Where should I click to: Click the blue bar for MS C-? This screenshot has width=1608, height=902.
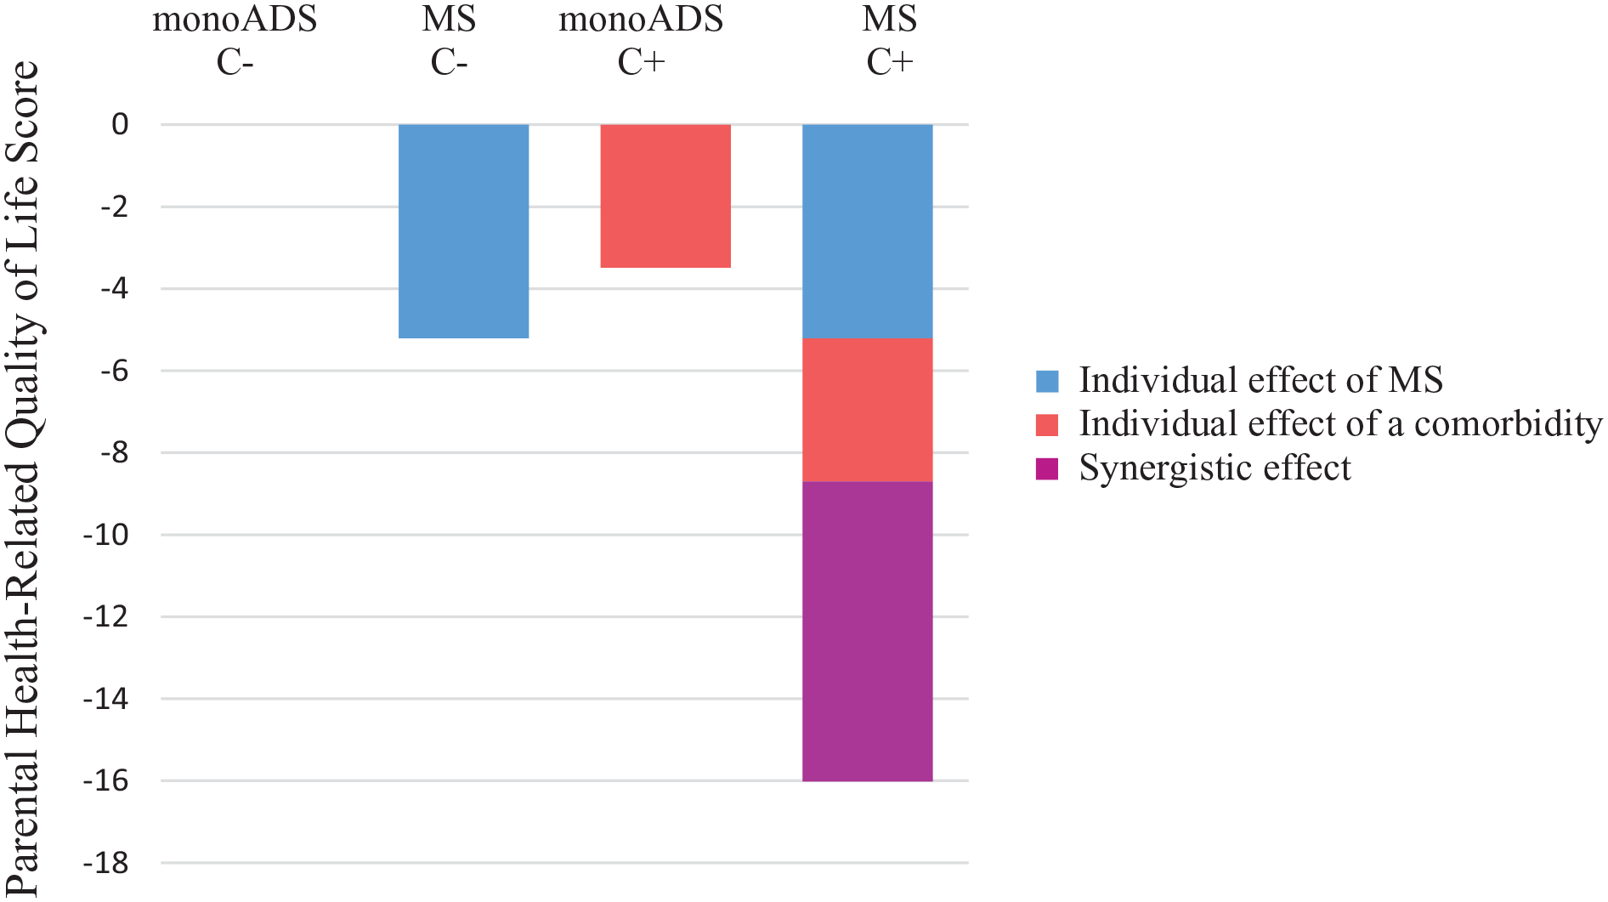(x=463, y=231)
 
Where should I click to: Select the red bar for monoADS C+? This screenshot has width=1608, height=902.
(x=665, y=196)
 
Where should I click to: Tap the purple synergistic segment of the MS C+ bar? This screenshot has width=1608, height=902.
(x=868, y=631)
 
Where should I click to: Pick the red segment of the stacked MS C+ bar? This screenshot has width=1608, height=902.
(x=868, y=410)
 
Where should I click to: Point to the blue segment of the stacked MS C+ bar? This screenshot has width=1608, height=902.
(x=868, y=231)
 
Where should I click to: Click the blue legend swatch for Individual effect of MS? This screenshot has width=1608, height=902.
(x=1047, y=381)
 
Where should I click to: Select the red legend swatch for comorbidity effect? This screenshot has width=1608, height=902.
(x=1047, y=425)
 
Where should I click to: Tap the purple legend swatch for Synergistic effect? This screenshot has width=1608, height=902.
(x=1047, y=468)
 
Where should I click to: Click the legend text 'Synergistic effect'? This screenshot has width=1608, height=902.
(x=1214, y=468)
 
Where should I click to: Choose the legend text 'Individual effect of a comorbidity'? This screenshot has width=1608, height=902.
(x=1340, y=424)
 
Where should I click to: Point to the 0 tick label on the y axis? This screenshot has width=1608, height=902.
(x=120, y=124)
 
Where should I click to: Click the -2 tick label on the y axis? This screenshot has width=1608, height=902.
(x=115, y=207)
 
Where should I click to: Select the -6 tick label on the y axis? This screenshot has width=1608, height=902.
(x=115, y=371)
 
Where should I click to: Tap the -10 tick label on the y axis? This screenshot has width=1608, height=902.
(x=106, y=535)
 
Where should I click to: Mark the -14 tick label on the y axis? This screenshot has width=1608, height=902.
(x=106, y=699)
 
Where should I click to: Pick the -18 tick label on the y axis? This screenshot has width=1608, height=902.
(x=106, y=863)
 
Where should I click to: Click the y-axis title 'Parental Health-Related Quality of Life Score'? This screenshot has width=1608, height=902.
(x=23, y=478)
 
